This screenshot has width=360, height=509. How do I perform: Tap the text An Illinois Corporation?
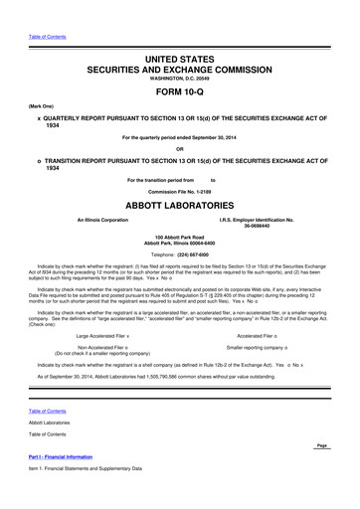click(96, 219)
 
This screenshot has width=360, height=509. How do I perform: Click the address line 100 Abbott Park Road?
click(180, 238)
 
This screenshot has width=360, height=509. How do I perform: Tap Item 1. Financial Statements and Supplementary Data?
click(90, 468)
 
